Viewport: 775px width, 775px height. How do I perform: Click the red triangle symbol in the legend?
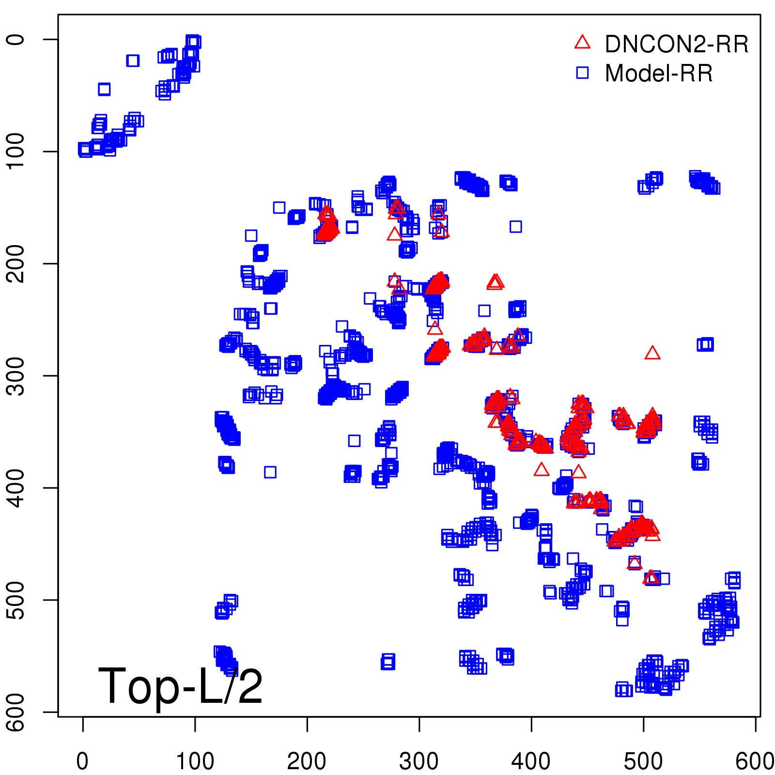pos(582,43)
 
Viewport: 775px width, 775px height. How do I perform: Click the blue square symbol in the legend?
pos(582,73)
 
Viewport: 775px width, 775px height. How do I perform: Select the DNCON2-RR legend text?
pos(676,45)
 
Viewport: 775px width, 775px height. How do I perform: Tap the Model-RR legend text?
pos(659,74)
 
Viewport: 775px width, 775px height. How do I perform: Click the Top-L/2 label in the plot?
pos(180,686)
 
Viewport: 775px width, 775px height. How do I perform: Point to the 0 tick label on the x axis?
pos(83,761)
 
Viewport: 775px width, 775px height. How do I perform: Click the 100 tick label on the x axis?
pos(195,761)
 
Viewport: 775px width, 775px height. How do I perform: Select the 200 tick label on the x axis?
pos(307,761)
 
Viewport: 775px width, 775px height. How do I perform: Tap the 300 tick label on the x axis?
pos(419,761)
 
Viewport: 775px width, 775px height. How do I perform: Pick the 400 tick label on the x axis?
pos(531,761)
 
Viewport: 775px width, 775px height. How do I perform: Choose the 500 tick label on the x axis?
pos(643,761)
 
